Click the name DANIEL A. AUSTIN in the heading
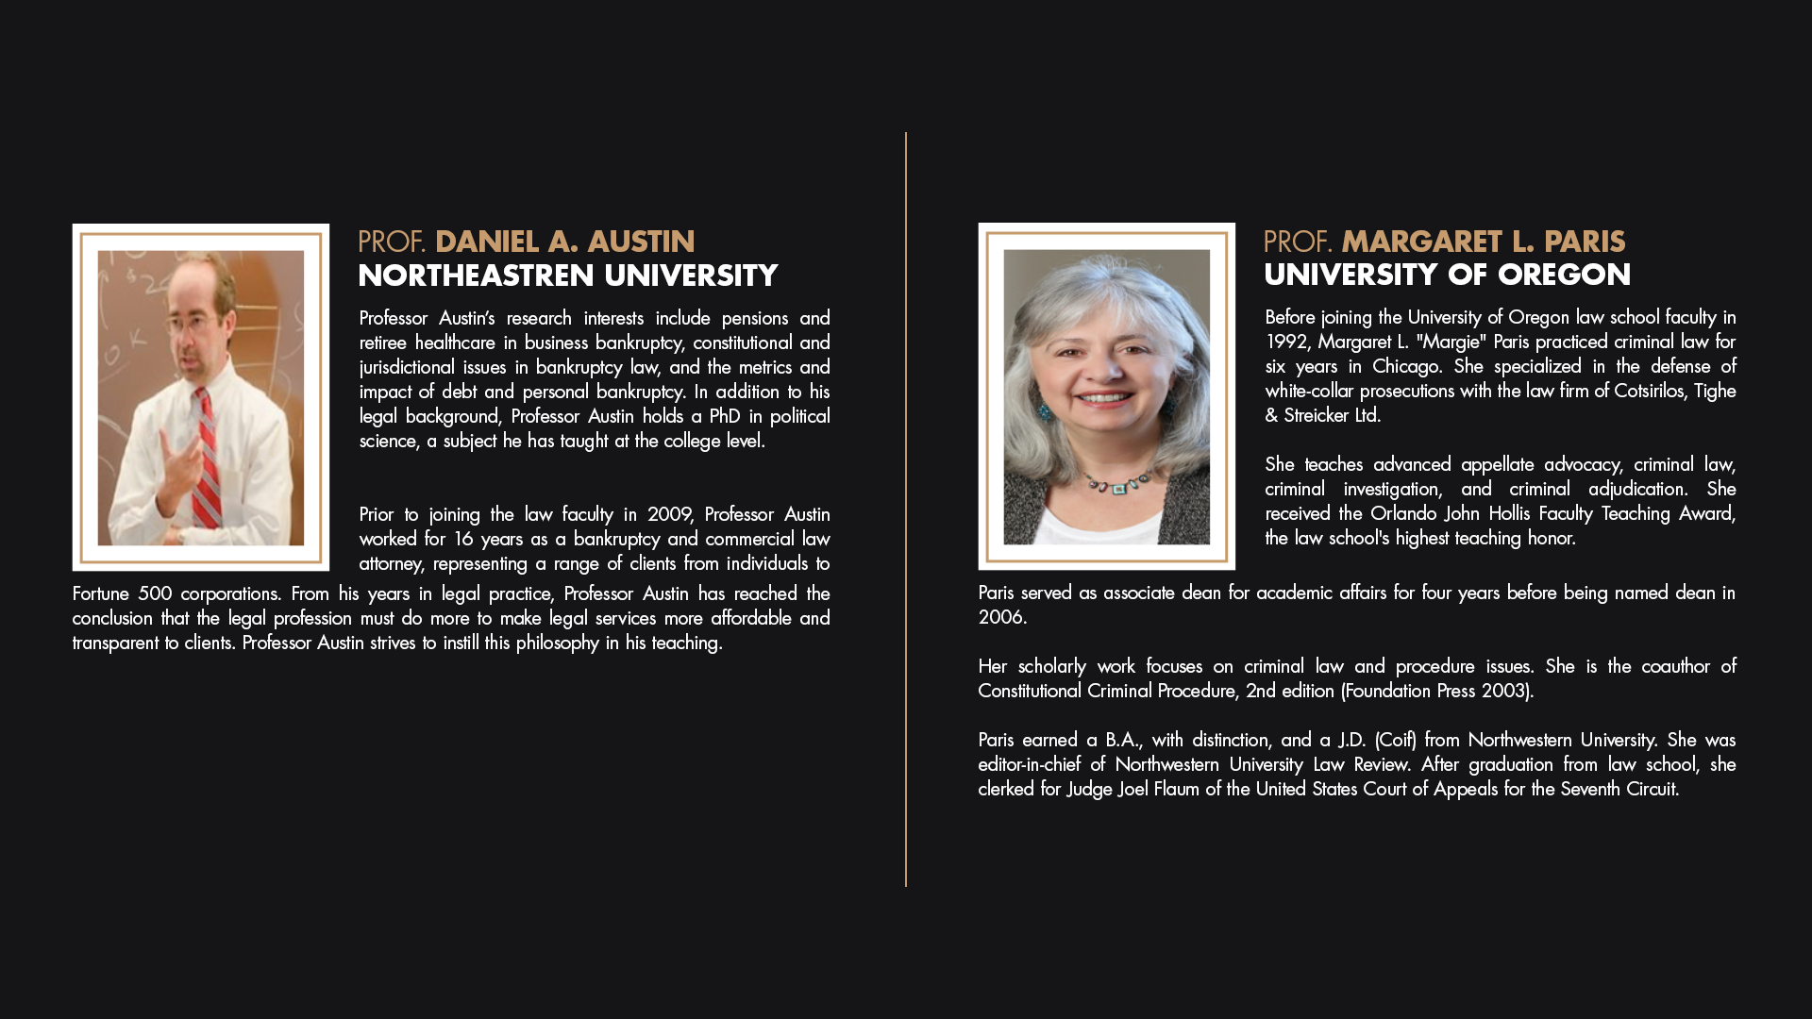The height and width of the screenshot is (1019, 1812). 564,242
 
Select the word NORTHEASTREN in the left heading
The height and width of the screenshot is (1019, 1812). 477,276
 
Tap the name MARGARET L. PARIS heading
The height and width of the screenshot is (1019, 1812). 1483,242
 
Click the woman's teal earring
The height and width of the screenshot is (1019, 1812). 1045,412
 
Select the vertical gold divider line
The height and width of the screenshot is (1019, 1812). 906,509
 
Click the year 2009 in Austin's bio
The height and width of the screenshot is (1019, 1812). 670,514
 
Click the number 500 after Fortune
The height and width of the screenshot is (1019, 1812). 155,593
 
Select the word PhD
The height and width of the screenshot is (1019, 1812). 725,416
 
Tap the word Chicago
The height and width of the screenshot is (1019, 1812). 1406,366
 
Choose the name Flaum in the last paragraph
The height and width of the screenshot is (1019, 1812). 1176,789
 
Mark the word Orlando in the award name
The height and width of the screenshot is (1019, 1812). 1403,513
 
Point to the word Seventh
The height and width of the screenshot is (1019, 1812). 1590,789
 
